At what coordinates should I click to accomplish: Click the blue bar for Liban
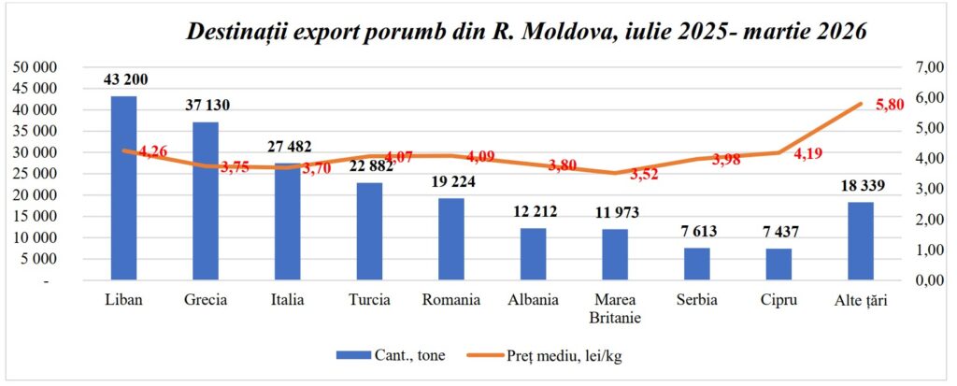coord(124,187)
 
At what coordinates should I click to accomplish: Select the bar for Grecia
coord(206,200)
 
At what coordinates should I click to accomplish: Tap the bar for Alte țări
coord(861,240)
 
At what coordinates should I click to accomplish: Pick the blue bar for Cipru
coord(778,264)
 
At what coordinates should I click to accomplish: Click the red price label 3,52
coord(644,174)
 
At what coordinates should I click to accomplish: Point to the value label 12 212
coord(534,211)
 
